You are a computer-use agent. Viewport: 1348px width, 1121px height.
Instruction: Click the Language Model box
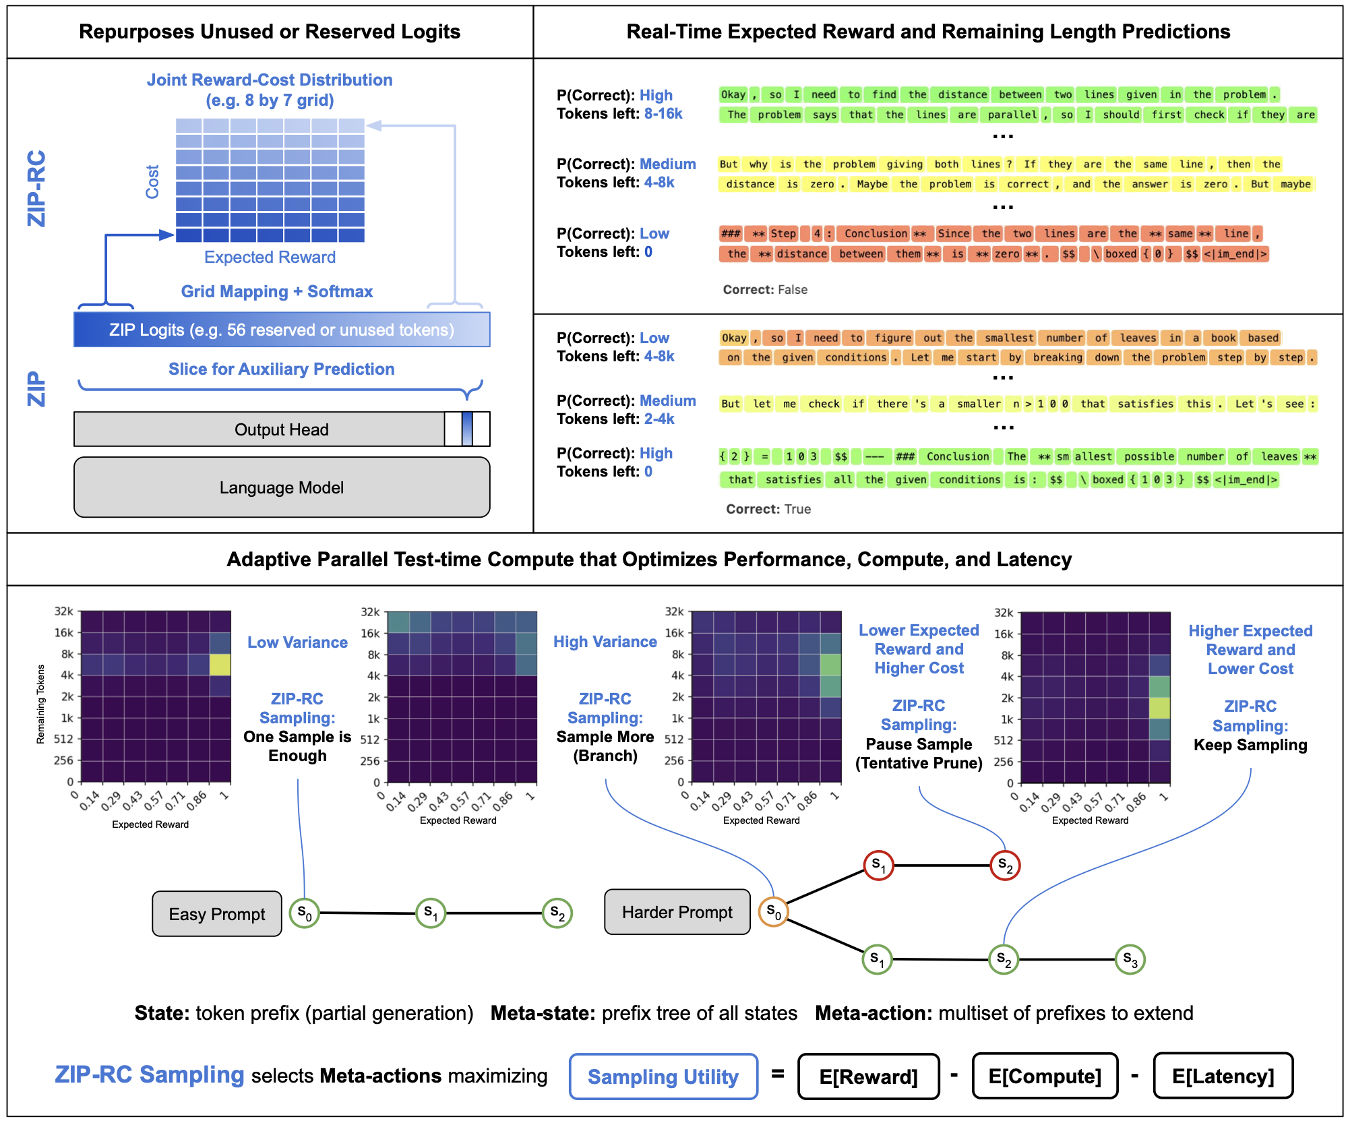pos(282,487)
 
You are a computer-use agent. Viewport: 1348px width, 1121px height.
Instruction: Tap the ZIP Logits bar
pos(282,330)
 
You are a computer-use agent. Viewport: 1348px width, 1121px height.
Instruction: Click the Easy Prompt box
pos(216,914)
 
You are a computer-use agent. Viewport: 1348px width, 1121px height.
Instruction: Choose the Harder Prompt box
pos(677,912)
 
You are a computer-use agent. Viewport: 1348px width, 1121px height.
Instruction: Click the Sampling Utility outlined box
pos(663,1077)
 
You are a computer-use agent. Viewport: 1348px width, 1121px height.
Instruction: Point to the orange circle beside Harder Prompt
pos(773,912)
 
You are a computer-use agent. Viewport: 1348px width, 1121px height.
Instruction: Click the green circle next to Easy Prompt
pos(304,913)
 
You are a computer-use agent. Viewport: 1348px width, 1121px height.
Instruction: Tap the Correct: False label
pos(766,290)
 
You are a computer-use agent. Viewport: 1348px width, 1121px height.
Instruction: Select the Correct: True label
pos(769,510)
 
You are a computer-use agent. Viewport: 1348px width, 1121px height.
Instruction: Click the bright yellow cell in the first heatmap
pos(220,665)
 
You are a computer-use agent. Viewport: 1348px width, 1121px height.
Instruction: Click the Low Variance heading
pos(297,642)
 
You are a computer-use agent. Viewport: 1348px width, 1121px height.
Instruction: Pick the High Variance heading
pos(605,642)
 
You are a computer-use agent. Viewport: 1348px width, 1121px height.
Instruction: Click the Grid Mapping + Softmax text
pos(276,291)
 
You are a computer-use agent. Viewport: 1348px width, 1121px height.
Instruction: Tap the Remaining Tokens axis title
pos(40,704)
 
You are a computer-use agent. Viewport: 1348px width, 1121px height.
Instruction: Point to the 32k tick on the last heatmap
pos(1004,613)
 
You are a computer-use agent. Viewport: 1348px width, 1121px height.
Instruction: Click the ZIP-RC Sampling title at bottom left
pos(150,1074)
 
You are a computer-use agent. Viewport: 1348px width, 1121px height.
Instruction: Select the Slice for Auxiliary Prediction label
pos(281,369)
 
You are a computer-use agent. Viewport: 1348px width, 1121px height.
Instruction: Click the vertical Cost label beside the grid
pos(152,181)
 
